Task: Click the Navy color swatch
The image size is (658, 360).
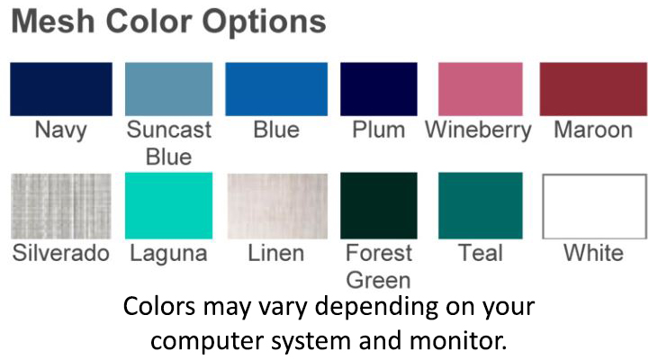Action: (x=61, y=89)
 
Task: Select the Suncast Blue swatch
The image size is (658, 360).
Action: (x=168, y=89)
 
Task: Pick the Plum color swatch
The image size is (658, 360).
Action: (x=379, y=89)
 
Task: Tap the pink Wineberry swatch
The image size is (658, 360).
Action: (x=481, y=89)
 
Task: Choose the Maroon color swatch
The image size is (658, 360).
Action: (x=593, y=89)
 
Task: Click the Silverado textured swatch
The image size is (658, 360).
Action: (x=61, y=206)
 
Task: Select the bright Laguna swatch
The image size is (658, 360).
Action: (x=168, y=205)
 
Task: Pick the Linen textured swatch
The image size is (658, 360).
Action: (x=277, y=206)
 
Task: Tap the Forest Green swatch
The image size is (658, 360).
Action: (x=379, y=205)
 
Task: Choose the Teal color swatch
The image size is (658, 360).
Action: (x=481, y=205)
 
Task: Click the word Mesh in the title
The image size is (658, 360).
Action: (x=53, y=21)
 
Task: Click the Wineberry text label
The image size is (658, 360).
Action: (x=478, y=130)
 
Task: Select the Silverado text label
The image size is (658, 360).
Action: (x=61, y=253)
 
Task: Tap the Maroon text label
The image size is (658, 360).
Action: (x=593, y=130)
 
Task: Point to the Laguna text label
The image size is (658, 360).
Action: (x=168, y=255)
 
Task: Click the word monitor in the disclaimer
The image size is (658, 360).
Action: (x=458, y=340)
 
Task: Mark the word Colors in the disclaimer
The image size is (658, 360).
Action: (x=159, y=306)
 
